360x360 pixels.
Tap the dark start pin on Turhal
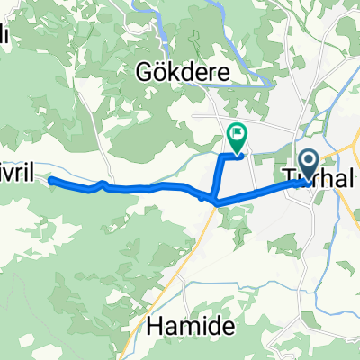308,165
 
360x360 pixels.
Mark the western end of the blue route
51,181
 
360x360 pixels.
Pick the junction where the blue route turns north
215,198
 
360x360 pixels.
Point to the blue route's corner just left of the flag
223,157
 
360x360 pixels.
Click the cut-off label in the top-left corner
4,36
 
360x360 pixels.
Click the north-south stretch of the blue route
218,176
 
